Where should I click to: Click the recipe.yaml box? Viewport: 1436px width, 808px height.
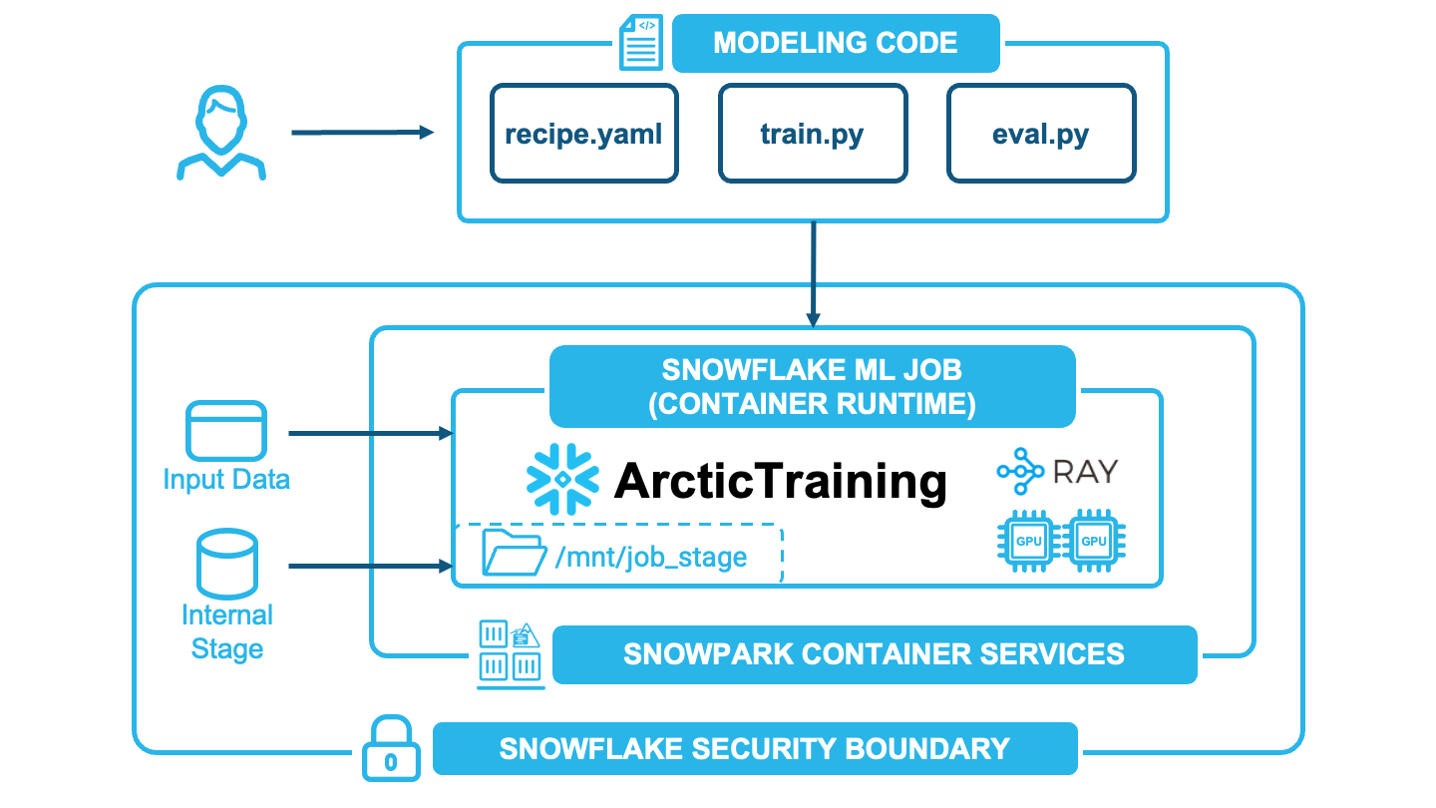click(583, 134)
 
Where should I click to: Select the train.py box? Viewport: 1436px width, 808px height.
click(812, 134)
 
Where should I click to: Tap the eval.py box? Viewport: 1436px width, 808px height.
click(1040, 134)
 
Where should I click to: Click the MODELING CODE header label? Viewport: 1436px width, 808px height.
click(836, 44)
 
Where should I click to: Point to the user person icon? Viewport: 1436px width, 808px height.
click(220, 135)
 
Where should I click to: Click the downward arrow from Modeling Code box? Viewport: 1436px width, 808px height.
click(814, 273)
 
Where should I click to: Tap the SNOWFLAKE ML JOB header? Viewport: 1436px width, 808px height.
click(812, 386)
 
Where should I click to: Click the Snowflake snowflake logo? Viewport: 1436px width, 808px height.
click(562, 479)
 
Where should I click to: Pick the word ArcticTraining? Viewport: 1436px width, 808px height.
click(780, 481)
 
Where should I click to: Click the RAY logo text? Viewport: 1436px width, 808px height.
click(1084, 471)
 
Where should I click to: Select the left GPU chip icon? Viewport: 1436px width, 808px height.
click(1028, 542)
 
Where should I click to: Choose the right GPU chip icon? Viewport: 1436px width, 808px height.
click(1094, 542)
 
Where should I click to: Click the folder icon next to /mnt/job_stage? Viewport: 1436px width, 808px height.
click(513, 554)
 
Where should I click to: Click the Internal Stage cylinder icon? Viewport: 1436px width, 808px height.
click(227, 563)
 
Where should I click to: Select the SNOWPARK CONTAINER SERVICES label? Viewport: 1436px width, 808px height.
click(874, 654)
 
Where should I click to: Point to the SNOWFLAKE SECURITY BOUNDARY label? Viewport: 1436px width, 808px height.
click(755, 748)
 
